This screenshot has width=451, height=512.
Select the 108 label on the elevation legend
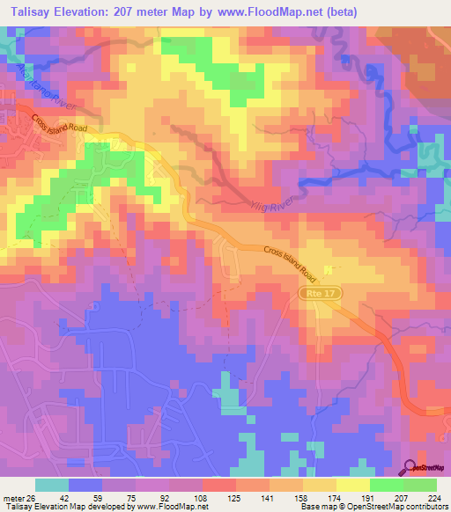(x=203, y=498)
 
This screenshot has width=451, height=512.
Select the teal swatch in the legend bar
(x=52, y=485)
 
